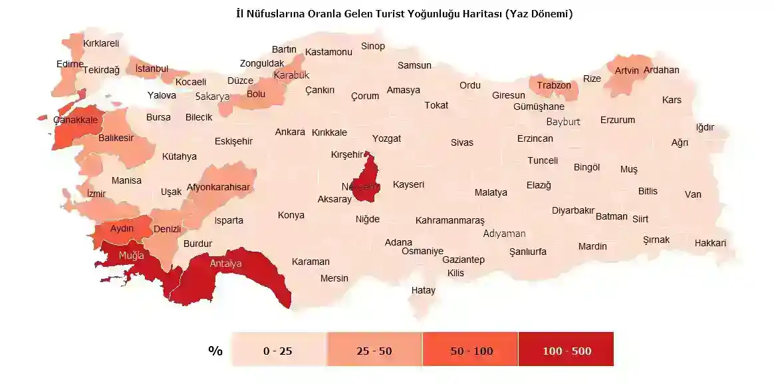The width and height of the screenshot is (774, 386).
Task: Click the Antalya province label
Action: click(x=225, y=264)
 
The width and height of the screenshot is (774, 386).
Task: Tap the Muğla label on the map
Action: click(x=131, y=255)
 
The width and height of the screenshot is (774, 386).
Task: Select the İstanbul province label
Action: click(x=152, y=69)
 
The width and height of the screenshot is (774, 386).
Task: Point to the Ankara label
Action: click(x=290, y=132)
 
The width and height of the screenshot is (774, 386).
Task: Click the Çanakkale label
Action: click(x=76, y=120)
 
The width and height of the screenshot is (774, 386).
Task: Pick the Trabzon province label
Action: click(x=554, y=85)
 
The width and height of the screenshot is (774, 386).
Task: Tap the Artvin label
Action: click(x=626, y=71)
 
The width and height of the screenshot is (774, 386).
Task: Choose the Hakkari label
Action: click(x=710, y=243)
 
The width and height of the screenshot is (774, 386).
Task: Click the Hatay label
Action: click(x=424, y=290)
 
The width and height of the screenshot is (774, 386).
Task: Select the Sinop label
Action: click(x=373, y=46)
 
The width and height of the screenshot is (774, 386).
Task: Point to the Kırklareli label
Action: click(x=101, y=43)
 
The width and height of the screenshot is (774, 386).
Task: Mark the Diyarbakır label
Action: click(x=573, y=210)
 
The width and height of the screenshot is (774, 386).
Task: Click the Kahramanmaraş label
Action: click(x=450, y=220)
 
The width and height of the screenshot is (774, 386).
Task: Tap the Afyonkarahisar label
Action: click(x=218, y=187)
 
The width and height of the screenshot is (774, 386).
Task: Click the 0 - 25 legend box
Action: click(x=278, y=351)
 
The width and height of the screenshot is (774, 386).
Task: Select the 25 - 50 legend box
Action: click(x=374, y=351)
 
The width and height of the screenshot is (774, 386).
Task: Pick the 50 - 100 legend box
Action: click(x=471, y=351)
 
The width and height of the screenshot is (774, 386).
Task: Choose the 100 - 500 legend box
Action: click(x=567, y=351)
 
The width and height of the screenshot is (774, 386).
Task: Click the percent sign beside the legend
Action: click(x=215, y=351)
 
